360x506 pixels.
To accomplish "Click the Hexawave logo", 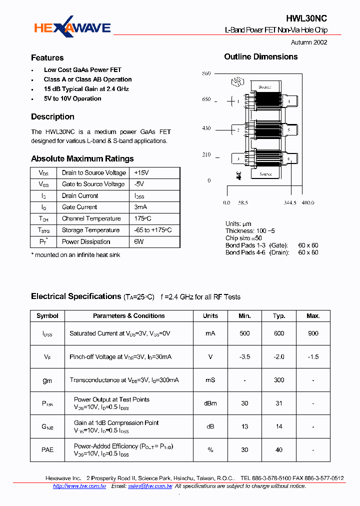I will pyautogui.click(x=72, y=28).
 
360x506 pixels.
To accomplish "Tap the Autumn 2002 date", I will pyautogui.click(x=309, y=42).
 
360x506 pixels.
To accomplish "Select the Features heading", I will pyautogui.click(x=47, y=58).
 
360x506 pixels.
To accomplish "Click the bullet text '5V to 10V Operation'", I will pyautogui.click(x=72, y=98).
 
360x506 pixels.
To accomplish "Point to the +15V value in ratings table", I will pyautogui.click(x=141, y=172).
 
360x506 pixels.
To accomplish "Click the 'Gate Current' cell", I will pyautogui.click(x=79, y=207).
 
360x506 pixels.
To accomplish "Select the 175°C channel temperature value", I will pyautogui.click(x=142, y=218).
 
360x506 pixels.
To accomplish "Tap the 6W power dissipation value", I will pyautogui.click(x=138, y=241).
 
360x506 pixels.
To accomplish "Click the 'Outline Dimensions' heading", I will pyautogui.click(x=260, y=57).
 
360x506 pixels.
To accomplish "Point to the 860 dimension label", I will pyautogui.click(x=206, y=73).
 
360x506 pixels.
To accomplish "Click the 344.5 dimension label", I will pyautogui.click(x=290, y=203).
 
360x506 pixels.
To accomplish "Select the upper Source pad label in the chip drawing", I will pyautogui.click(x=264, y=87).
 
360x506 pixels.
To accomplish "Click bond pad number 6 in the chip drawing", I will pyautogui.click(x=288, y=159).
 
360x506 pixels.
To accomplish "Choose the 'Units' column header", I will pyautogui.click(x=210, y=316).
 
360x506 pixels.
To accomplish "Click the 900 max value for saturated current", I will pyautogui.click(x=313, y=333).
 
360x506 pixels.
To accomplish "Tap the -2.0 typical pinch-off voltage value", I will pyautogui.click(x=279, y=357).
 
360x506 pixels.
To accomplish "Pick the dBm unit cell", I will pyautogui.click(x=210, y=403).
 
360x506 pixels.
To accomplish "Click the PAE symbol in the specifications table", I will pyautogui.click(x=47, y=450).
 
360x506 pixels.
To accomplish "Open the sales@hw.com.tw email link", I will pyautogui.click(x=150, y=486).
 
